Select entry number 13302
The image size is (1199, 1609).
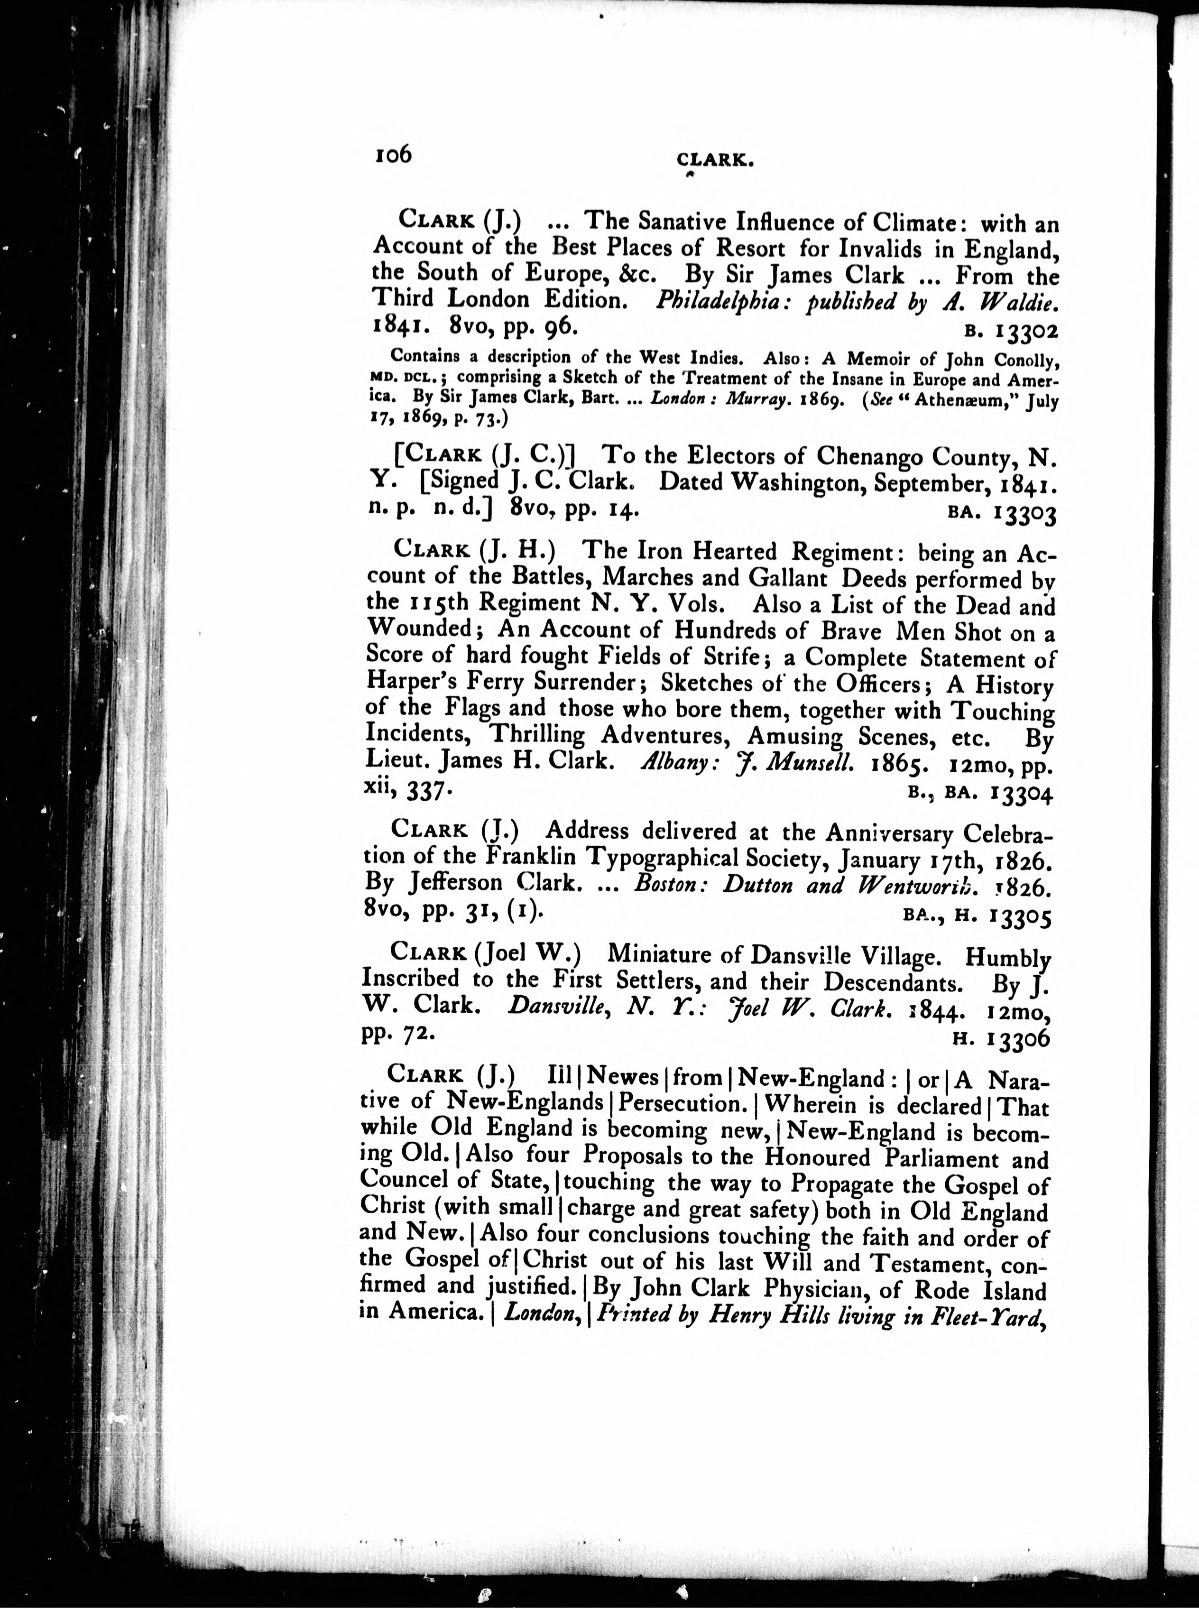pos(1027,331)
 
